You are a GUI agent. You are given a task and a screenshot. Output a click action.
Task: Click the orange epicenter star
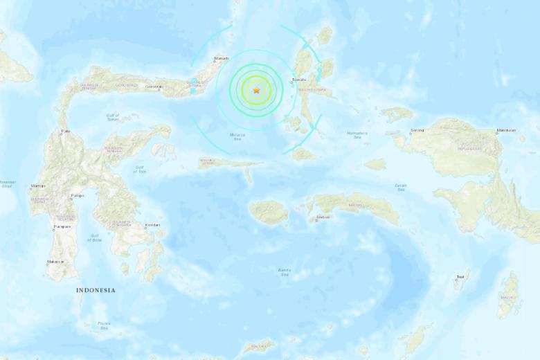(257, 90)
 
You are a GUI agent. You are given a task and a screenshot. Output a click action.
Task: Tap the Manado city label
(222, 58)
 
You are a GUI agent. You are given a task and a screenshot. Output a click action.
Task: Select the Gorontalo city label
(154, 87)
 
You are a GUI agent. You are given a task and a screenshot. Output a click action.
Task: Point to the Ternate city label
(298, 80)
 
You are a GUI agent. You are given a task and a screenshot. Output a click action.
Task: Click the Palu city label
(66, 131)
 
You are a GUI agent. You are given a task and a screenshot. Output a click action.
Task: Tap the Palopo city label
(78, 196)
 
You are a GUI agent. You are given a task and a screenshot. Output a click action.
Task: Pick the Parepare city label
(62, 226)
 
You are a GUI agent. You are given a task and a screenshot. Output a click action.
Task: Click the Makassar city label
(55, 262)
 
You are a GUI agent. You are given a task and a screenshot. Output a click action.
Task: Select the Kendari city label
(152, 225)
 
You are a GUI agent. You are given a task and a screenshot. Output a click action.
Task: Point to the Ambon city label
(322, 217)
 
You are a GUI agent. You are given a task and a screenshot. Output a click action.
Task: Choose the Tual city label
(460, 279)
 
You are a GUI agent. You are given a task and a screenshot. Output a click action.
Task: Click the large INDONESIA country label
(96, 291)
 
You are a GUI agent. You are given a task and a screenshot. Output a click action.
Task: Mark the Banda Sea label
(284, 272)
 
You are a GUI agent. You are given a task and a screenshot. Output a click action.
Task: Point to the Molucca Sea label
(238, 137)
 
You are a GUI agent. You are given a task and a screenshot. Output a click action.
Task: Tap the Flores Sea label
(104, 325)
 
